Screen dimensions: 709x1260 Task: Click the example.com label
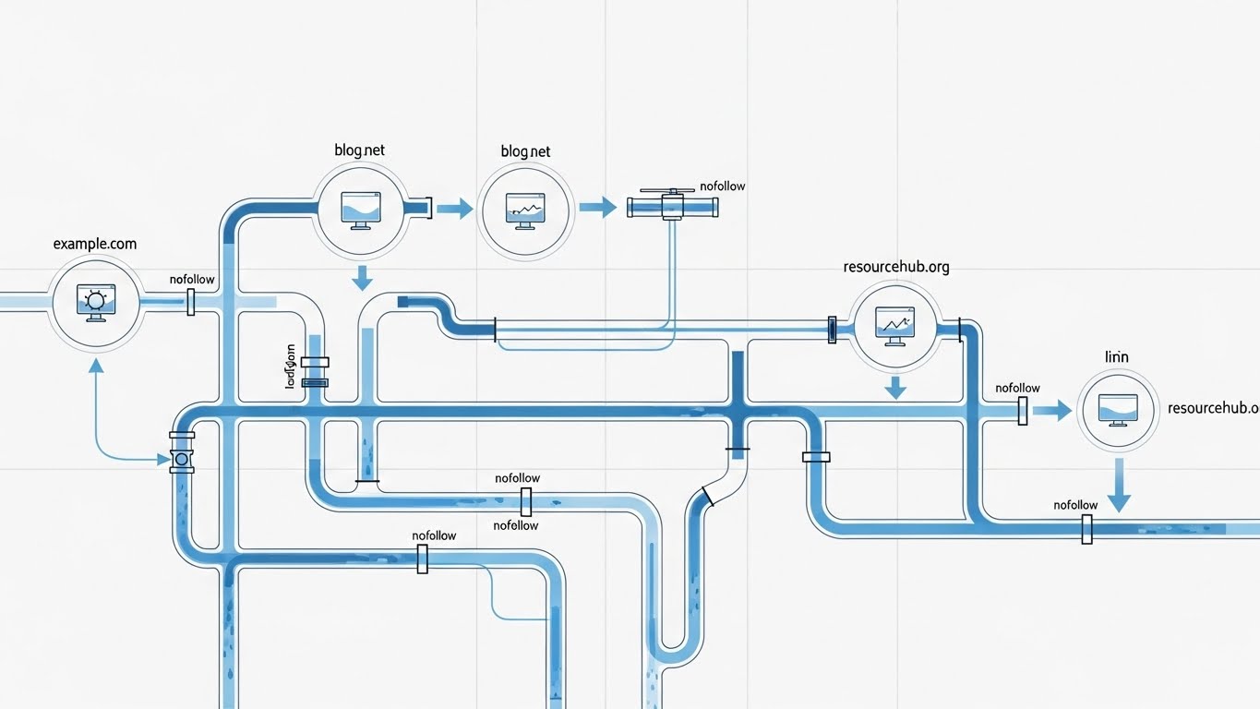coord(95,244)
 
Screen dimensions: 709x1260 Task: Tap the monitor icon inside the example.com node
coord(95,302)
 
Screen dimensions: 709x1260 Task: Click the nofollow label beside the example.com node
coord(192,280)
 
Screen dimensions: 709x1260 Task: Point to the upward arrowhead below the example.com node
coord(95,366)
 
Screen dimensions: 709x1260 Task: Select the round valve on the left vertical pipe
coord(181,459)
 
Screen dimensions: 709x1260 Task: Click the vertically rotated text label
coord(291,367)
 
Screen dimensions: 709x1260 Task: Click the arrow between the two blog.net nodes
coord(453,209)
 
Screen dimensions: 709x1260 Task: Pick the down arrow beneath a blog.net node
coord(362,277)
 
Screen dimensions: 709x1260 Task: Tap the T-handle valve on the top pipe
coord(673,206)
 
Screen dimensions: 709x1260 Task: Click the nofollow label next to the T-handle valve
coord(722,186)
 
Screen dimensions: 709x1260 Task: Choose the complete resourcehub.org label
coord(895,267)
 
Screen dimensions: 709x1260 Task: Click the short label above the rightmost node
coord(1117,356)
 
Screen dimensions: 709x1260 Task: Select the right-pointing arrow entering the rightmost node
coord(1051,411)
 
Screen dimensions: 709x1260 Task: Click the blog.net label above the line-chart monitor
coord(525,151)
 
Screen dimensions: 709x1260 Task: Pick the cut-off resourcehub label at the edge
coord(1213,407)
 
